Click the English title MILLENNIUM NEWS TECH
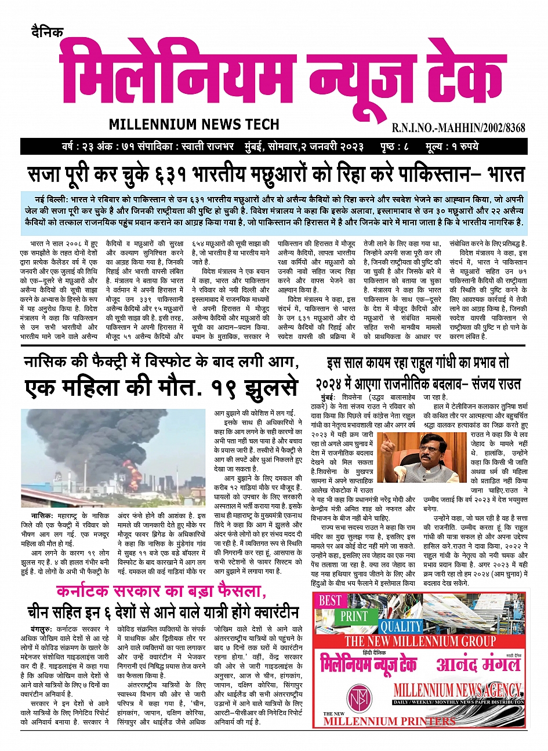tap(194, 124)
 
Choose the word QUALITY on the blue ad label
tap(401, 626)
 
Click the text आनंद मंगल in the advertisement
tap(474, 664)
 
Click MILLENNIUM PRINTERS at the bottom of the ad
tap(389, 721)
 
